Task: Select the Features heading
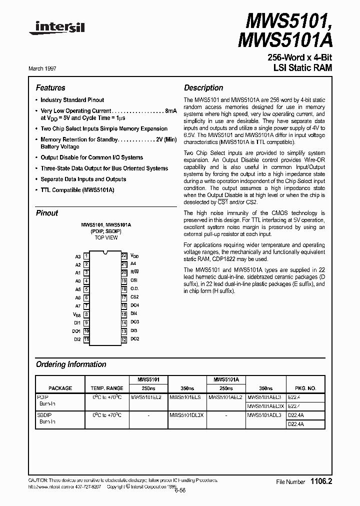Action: [x=50, y=87]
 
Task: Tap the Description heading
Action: [x=203, y=87]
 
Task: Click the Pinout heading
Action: [x=47, y=213]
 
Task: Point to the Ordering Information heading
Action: [x=71, y=364]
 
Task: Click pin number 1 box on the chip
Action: [x=86, y=256]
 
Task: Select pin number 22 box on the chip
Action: [x=124, y=256]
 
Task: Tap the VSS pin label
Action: [x=76, y=314]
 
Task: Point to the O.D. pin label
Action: [x=134, y=288]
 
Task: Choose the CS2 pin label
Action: [x=134, y=297]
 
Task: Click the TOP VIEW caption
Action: [x=106, y=237]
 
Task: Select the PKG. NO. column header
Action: [x=305, y=388]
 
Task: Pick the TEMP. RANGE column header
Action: [x=106, y=388]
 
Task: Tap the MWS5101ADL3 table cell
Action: [x=265, y=415]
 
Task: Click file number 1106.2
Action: [x=321, y=481]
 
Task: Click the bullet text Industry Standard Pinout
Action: [x=72, y=100]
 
